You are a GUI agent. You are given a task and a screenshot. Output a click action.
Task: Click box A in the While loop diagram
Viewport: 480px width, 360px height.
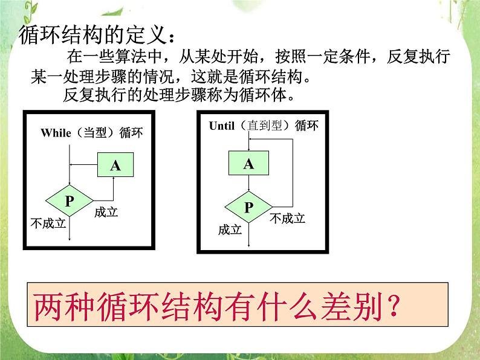[x=115, y=166]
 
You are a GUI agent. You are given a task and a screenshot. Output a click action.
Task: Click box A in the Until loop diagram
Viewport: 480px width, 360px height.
[x=248, y=163]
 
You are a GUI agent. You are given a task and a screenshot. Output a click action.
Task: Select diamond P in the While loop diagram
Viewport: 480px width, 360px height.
[x=70, y=201]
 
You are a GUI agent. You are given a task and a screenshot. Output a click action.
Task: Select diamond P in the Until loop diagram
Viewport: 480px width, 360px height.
[x=248, y=207]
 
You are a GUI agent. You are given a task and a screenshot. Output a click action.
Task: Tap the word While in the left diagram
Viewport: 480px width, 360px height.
[x=55, y=133]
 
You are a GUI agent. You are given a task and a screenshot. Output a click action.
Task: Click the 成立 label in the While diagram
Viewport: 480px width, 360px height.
[x=106, y=213]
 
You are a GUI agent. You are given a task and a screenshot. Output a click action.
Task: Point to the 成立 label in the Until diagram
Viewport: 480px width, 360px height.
[x=230, y=230]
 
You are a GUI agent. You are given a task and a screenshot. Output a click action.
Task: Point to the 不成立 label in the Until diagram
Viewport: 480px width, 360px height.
[x=287, y=218]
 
